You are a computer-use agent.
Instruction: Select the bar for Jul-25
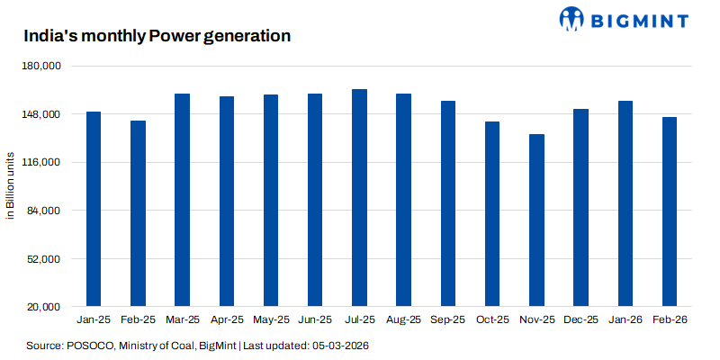[x=359, y=198]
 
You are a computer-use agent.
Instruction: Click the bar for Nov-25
[x=536, y=220]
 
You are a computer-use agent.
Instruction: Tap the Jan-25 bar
[x=93, y=209]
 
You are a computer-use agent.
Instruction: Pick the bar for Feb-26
[x=670, y=211]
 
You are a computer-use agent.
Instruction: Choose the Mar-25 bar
[x=182, y=200]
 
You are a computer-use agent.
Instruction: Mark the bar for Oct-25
[x=492, y=214]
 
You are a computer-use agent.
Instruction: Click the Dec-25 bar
[x=580, y=208]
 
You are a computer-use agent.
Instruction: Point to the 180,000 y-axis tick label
[x=41, y=67]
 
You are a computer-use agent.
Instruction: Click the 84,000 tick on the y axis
[x=44, y=211]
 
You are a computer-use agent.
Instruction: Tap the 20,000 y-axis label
[x=44, y=307]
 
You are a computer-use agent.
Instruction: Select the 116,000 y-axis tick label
[x=41, y=163]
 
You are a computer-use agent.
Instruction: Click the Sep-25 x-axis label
[x=447, y=320]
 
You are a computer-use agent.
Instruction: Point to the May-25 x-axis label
[x=271, y=320]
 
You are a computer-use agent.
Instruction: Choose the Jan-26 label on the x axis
[x=625, y=320]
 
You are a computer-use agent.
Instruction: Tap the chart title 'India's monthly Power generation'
[x=156, y=37]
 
